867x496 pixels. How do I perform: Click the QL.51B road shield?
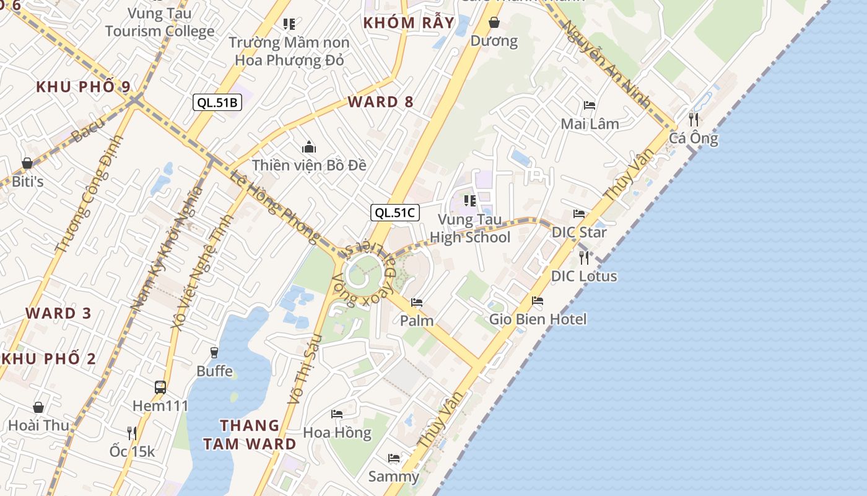coord(217,102)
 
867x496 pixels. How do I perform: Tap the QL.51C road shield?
coord(395,213)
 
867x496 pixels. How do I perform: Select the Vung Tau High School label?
coord(470,228)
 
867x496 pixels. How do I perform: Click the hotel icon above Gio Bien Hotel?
coord(538,301)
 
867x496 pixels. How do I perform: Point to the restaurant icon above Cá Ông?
coord(694,118)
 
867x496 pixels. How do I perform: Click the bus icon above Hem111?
coord(160,387)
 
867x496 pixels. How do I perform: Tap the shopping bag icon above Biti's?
coord(27,163)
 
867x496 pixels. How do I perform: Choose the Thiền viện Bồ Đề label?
coord(309,165)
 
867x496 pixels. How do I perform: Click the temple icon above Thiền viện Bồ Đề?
coord(309,147)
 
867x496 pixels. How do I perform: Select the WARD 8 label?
coord(380,102)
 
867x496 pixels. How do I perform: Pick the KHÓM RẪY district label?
coord(409,24)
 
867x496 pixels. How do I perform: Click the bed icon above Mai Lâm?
coord(590,105)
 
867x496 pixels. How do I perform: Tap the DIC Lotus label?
coord(584,276)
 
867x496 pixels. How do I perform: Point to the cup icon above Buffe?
coord(214,352)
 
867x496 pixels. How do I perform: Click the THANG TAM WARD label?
coord(258,435)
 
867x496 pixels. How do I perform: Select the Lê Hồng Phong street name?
coord(276,207)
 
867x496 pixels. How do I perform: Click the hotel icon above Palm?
coord(417,303)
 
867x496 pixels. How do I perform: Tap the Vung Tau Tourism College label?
coord(160,22)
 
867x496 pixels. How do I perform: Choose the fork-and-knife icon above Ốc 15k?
coord(131,432)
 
